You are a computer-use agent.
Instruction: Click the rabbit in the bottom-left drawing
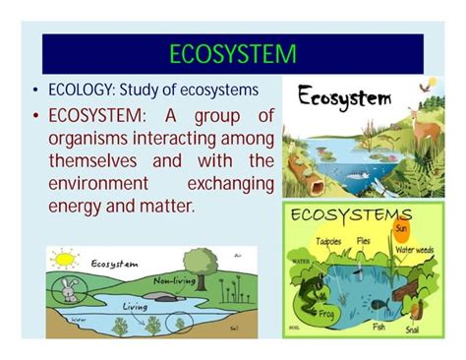[x=68, y=290]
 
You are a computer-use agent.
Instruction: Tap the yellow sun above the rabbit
[x=64, y=261]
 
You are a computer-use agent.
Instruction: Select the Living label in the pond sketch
[x=136, y=306]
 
